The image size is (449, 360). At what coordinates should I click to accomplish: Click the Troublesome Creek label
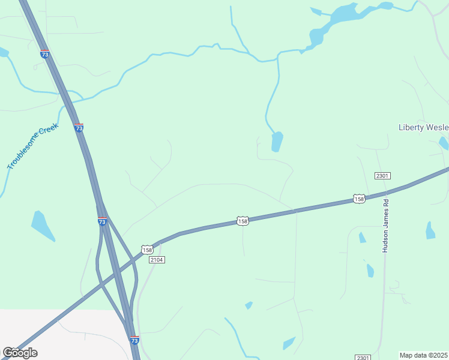click(x=32, y=147)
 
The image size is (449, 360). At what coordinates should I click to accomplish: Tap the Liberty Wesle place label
click(x=423, y=127)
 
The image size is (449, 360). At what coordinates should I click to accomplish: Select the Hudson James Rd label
click(x=385, y=226)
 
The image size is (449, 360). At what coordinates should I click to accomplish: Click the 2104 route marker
click(x=156, y=259)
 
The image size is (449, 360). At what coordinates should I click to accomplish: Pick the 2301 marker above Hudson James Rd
click(x=382, y=176)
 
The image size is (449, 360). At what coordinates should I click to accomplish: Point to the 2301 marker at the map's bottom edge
click(x=363, y=357)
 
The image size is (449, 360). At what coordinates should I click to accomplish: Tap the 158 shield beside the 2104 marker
click(x=147, y=249)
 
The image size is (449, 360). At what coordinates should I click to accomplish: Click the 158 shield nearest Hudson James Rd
click(x=359, y=199)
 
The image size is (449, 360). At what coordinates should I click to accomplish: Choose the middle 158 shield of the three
click(x=243, y=221)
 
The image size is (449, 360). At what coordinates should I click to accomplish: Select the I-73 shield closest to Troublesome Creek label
click(x=79, y=128)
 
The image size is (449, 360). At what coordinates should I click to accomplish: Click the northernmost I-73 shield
click(x=45, y=54)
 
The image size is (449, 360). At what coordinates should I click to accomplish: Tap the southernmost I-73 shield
click(x=135, y=340)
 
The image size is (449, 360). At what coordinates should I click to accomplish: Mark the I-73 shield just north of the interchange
click(x=103, y=221)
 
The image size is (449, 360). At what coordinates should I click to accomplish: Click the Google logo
click(x=20, y=353)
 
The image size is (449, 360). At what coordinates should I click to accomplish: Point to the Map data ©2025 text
click(x=423, y=355)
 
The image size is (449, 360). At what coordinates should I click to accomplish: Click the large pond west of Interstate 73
click(x=42, y=226)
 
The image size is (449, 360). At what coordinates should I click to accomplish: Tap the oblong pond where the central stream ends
click(x=277, y=142)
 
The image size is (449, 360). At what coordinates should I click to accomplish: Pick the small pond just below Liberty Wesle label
click(x=444, y=143)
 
